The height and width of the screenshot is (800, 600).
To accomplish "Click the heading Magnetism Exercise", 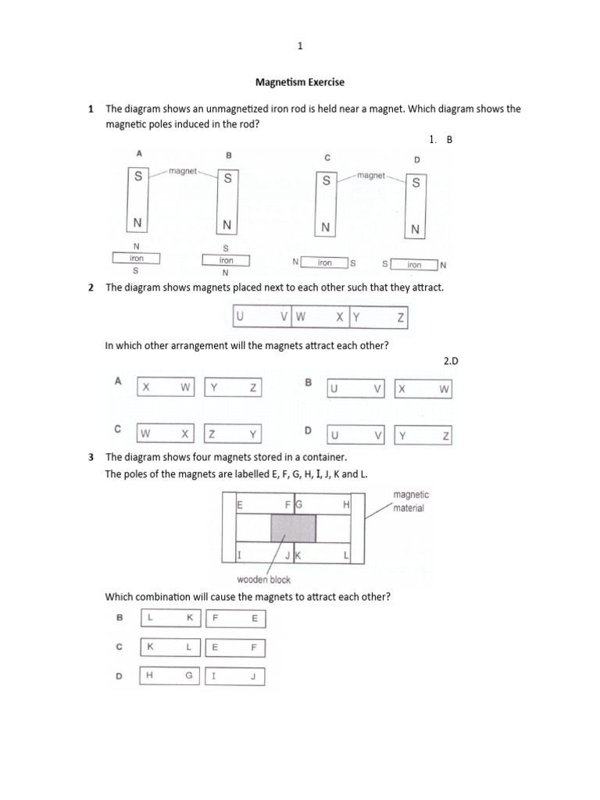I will [300, 82].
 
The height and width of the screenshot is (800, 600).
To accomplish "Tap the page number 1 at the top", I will [300, 47].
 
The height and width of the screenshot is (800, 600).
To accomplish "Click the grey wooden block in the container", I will [293, 527].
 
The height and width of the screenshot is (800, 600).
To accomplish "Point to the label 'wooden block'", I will [263, 580].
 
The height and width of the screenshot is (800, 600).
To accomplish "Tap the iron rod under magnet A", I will [136, 259].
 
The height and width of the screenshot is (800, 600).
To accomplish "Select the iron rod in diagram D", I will [414, 265].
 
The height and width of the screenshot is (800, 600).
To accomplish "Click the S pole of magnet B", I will [227, 178].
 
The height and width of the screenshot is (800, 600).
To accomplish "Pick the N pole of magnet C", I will [325, 227].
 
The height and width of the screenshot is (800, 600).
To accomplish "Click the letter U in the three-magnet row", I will [240, 318].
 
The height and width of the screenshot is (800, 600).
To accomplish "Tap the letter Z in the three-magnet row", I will [401, 318].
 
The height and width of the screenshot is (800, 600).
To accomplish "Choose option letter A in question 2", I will [118, 381].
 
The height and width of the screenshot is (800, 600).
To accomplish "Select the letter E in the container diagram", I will [240, 505].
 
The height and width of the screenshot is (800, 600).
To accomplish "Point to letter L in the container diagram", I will [345, 555].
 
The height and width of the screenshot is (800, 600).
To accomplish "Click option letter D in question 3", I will [120, 677].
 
